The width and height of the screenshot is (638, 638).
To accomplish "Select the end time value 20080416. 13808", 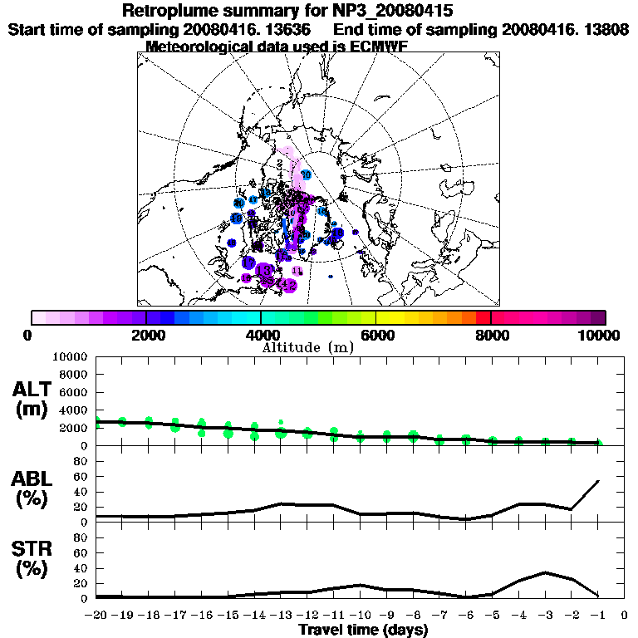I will [x=564, y=29].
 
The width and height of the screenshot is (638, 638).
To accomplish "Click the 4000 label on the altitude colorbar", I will [x=261, y=335].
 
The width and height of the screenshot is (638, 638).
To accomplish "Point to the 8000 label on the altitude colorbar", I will [x=491, y=335].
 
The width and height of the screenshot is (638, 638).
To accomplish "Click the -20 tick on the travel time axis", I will [x=96, y=616].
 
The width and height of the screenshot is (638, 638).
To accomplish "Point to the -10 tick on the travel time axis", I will [x=360, y=616].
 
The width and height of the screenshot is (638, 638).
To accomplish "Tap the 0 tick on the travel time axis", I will [x=625, y=616].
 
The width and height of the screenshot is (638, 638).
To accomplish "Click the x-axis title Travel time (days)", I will [x=363, y=630].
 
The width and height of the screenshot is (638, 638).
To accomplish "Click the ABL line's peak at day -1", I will [x=598, y=481].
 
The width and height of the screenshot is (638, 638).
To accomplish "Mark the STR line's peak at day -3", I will [x=545, y=572].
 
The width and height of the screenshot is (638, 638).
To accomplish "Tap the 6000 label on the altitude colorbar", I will [x=376, y=335].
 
